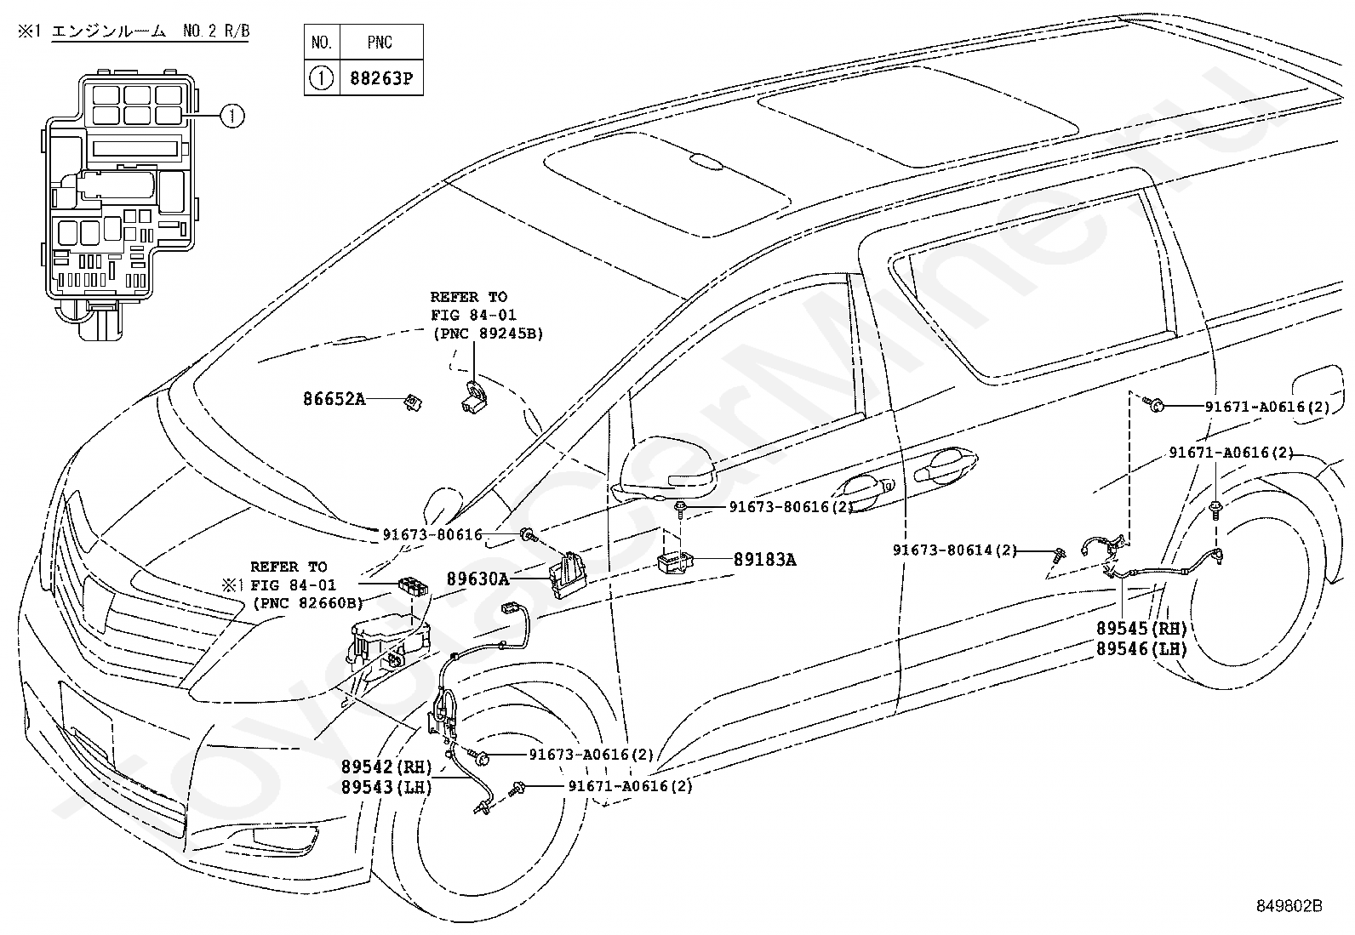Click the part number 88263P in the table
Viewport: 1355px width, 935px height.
[x=381, y=78]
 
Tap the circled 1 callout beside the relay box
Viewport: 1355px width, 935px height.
[x=232, y=116]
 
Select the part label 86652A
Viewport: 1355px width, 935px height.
[x=334, y=399]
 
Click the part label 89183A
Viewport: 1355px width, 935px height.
[x=764, y=560]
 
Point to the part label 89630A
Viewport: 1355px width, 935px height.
[x=477, y=579]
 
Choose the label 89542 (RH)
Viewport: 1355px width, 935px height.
[x=386, y=767]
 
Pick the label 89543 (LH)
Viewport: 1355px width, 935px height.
[x=386, y=787]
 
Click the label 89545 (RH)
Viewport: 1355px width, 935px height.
[x=1141, y=629]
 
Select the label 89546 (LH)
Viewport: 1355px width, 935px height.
[x=1141, y=649]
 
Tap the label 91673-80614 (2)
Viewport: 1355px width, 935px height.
[x=955, y=550]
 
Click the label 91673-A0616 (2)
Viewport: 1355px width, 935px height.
[x=592, y=754]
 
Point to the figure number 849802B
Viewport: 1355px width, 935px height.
[x=1289, y=905]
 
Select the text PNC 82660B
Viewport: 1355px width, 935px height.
[x=308, y=603]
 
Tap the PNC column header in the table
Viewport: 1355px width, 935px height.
[x=380, y=43]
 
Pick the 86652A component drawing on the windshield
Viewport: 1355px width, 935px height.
[x=413, y=402]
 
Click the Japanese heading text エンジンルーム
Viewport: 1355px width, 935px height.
[x=108, y=31]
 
